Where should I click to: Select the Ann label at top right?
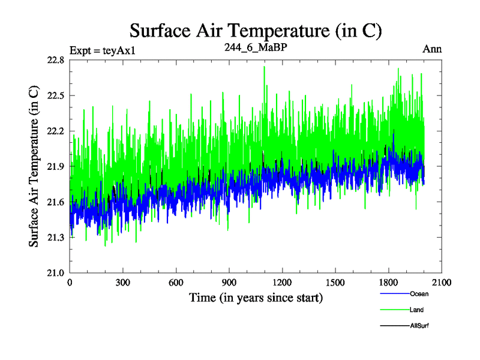pyautogui.click(x=432, y=49)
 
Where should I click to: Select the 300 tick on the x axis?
pyautogui.click(x=123, y=283)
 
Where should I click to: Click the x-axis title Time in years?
pyautogui.click(x=256, y=297)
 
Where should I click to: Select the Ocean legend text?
pyautogui.click(x=419, y=294)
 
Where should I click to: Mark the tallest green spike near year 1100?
pyautogui.click(x=264, y=67)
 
